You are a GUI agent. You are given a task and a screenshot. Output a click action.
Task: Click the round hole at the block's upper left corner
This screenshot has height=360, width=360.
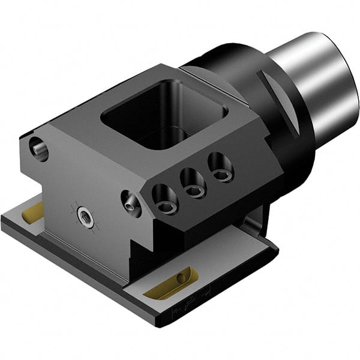click(x=38, y=148)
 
